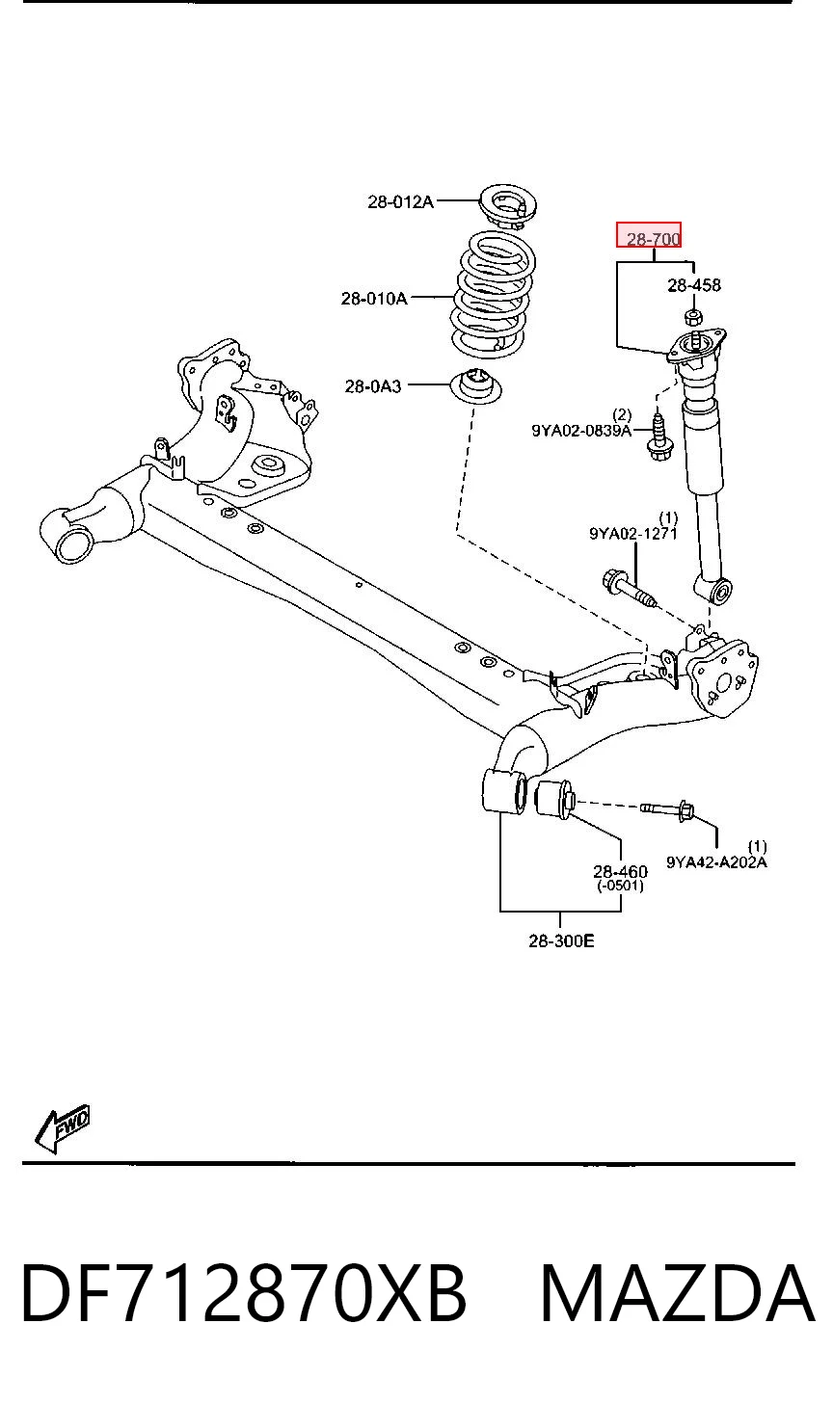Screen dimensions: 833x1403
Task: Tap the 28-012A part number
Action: pyautogui.click(x=400, y=201)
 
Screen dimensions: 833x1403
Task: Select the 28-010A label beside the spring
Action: pyautogui.click(x=374, y=299)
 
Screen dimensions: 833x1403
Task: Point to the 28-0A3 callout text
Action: pyautogui.click(x=373, y=386)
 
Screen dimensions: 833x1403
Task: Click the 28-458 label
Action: pyautogui.click(x=694, y=285)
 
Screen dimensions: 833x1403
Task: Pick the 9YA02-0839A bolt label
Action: pyautogui.click(x=581, y=431)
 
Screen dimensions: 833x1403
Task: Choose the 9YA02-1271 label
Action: pyautogui.click(x=633, y=534)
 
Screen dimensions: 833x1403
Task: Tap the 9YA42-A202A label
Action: pyautogui.click(x=716, y=862)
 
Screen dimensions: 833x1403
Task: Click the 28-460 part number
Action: pyautogui.click(x=621, y=871)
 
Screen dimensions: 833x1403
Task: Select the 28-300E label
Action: pyautogui.click(x=561, y=940)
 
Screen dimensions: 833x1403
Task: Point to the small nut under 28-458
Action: pyautogui.click(x=692, y=317)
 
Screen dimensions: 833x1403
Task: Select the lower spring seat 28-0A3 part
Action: pyautogui.click(x=477, y=387)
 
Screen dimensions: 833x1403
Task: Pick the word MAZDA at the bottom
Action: pyautogui.click(x=678, y=1292)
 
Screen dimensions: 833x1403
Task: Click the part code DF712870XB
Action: pyautogui.click(x=244, y=1292)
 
